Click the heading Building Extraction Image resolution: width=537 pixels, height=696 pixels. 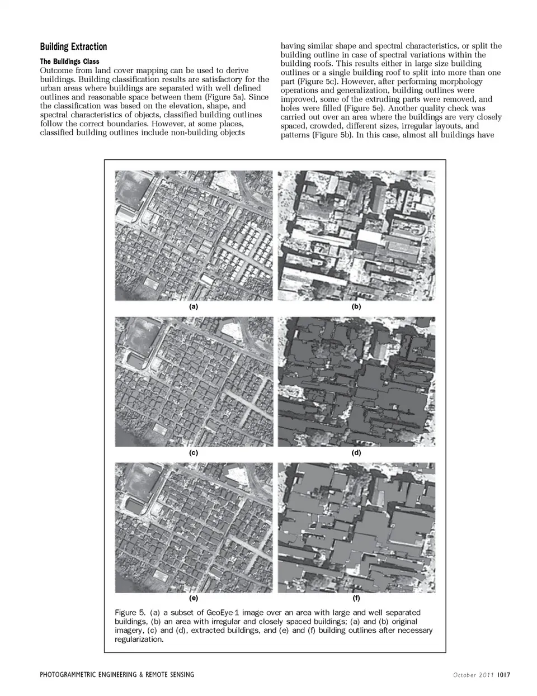pos(73,46)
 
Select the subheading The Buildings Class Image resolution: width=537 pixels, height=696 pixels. pos(69,61)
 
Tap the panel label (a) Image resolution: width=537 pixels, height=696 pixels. pos(194,306)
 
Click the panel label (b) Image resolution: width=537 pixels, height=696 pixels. pos(356,306)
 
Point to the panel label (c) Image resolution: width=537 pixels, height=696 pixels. pos(194,453)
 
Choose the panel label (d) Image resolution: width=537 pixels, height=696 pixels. pos(356,453)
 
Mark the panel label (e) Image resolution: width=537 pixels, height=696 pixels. pos(194,599)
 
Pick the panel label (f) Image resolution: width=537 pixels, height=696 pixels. pos(356,599)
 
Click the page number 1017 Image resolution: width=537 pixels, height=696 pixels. pos(503,675)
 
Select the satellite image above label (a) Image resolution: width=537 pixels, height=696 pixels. pos(194,235)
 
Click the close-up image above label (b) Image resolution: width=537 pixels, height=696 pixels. pos(356,235)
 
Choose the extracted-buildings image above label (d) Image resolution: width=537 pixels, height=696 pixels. pos(356,382)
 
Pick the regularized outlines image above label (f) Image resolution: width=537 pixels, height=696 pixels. pos(356,528)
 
